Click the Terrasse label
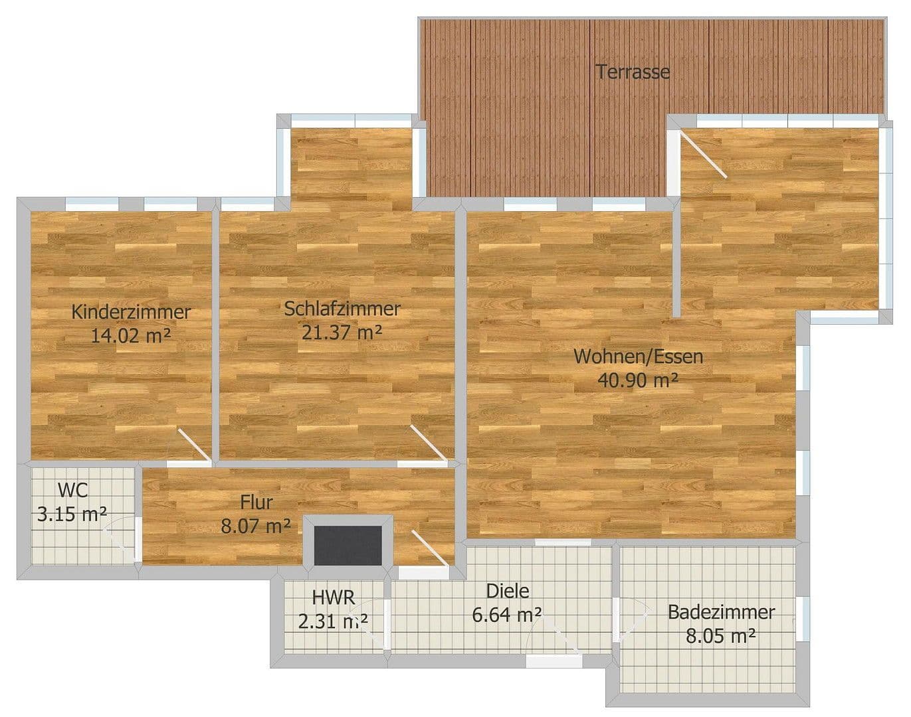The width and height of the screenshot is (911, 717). [x=632, y=72]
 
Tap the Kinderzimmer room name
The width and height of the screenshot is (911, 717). [x=131, y=311]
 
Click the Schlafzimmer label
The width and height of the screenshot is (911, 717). [x=342, y=309]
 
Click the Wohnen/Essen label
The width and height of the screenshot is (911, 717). [x=638, y=357]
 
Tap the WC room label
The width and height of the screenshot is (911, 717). [x=72, y=491]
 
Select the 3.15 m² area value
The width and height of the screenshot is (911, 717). [x=72, y=515]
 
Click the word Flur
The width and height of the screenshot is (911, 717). [x=256, y=503]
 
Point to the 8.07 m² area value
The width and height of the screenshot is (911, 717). [x=256, y=526]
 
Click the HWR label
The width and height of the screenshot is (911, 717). [x=334, y=597]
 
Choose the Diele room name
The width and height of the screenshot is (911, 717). [x=508, y=591]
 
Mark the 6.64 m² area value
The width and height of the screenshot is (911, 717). [x=506, y=615]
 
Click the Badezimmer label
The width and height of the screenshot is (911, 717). [x=721, y=612]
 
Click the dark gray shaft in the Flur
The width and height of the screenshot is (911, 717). [x=348, y=546]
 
